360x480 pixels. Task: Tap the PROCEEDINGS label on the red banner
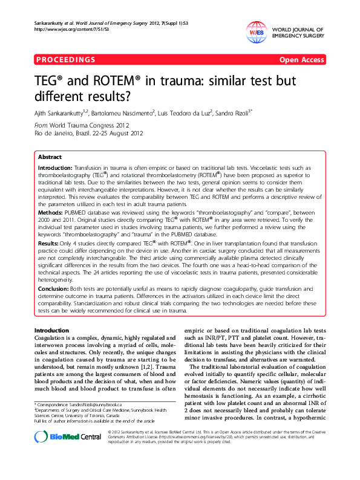pyautogui.click(x=66, y=60)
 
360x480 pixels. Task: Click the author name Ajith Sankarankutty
pyautogui.click(x=61, y=112)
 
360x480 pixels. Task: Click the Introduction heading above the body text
pyautogui.click(x=51, y=330)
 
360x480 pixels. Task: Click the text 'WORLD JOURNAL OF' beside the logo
pyautogui.click(x=298, y=29)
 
